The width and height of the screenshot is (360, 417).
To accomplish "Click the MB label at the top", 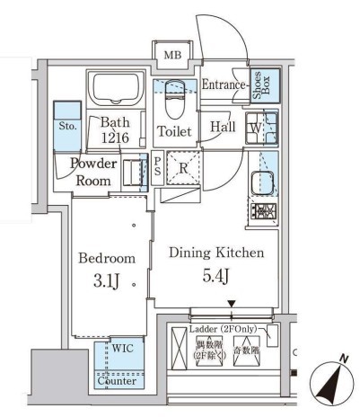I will [171, 57].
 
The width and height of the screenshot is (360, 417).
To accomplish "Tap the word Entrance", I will [223, 85].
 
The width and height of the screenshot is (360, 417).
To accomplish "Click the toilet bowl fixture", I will [174, 98].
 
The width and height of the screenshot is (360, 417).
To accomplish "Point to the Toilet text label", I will [174, 132].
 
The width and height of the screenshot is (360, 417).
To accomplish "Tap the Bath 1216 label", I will [116, 130].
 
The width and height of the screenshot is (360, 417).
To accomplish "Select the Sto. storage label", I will [66, 127].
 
